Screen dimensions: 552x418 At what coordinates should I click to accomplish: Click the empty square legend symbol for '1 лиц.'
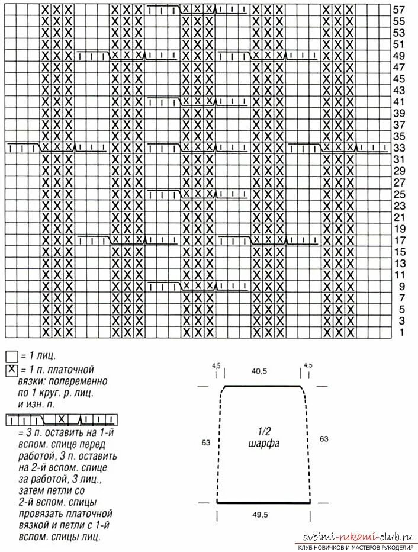click(x=11, y=357)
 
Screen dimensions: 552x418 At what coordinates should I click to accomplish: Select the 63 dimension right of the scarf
click(x=324, y=439)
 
